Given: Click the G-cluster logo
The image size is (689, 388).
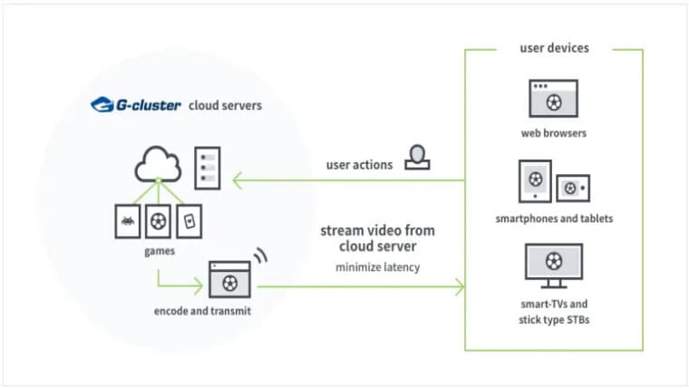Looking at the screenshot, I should click(x=136, y=105).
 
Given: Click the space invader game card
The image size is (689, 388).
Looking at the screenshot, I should click(x=127, y=220).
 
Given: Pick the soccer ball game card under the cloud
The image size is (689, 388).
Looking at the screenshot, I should click(x=158, y=220).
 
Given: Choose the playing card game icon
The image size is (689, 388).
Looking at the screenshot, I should click(x=189, y=220).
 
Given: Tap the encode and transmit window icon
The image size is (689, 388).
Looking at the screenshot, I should click(x=229, y=280).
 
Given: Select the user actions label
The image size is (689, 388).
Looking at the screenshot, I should click(x=359, y=165).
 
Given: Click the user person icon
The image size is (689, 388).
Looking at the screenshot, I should click(x=416, y=158).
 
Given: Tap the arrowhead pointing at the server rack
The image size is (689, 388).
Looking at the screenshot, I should click(x=238, y=181).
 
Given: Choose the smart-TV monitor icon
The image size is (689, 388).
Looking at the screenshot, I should click(x=553, y=263).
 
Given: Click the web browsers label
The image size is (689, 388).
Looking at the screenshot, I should click(x=553, y=133).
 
